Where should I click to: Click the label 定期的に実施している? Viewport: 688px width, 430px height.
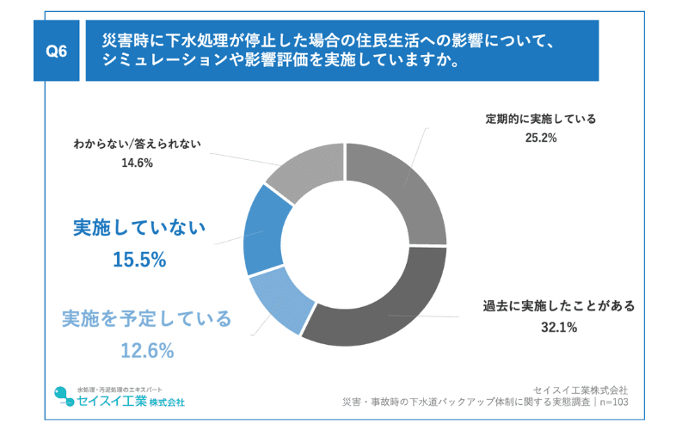click(x=540, y=119)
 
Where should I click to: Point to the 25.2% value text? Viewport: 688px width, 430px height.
click(x=540, y=138)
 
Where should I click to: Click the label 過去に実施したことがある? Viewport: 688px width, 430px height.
click(x=558, y=306)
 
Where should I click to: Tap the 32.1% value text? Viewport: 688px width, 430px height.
click(x=558, y=327)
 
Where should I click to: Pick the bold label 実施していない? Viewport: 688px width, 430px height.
click(x=138, y=228)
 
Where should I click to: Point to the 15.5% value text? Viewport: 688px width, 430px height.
click(x=138, y=259)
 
